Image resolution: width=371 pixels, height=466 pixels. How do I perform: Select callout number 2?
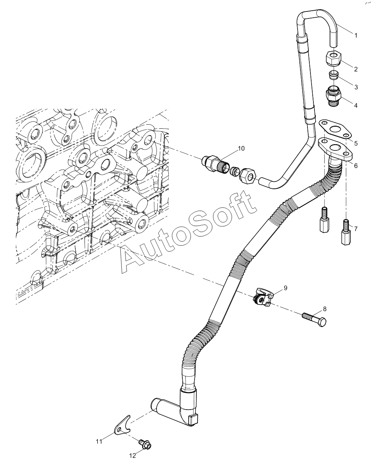pyautogui.click(x=355, y=69)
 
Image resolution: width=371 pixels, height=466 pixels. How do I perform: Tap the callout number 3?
pyautogui.click(x=356, y=87)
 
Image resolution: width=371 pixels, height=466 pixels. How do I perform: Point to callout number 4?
pyautogui.click(x=356, y=105)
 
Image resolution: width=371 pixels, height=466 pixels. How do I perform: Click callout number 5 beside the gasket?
pyautogui.click(x=356, y=143)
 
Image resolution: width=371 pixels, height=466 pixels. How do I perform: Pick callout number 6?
pyautogui.click(x=356, y=166)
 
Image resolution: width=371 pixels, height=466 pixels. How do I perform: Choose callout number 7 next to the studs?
pyautogui.click(x=356, y=229)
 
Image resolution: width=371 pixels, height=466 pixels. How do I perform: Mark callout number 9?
pyautogui.click(x=285, y=288)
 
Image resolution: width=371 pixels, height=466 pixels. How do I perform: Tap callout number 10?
pyautogui.click(x=241, y=149)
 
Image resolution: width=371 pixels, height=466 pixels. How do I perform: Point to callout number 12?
pyautogui.click(x=133, y=456)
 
